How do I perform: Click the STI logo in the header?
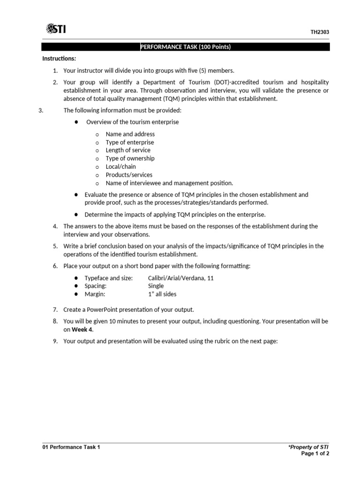click(x=56, y=30)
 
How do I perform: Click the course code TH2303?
click(x=320, y=32)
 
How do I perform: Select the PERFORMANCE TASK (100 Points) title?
click(x=186, y=47)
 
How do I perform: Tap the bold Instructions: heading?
click(x=59, y=59)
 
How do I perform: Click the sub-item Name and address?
click(x=130, y=134)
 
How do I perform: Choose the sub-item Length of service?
click(x=128, y=150)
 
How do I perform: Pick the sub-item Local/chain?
click(x=120, y=166)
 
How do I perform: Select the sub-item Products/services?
click(x=129, y=175)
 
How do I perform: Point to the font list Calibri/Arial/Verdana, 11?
click(x=180, y=278)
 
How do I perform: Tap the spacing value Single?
click(x=156, y=286)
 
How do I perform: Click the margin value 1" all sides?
click(x=162, y=294)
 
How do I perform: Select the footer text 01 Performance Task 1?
click(x=71, y=447)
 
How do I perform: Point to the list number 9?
click(x=55, y=341)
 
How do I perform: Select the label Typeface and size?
click(x=108, y=278)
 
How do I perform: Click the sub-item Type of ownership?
click(x=130, y=158)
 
